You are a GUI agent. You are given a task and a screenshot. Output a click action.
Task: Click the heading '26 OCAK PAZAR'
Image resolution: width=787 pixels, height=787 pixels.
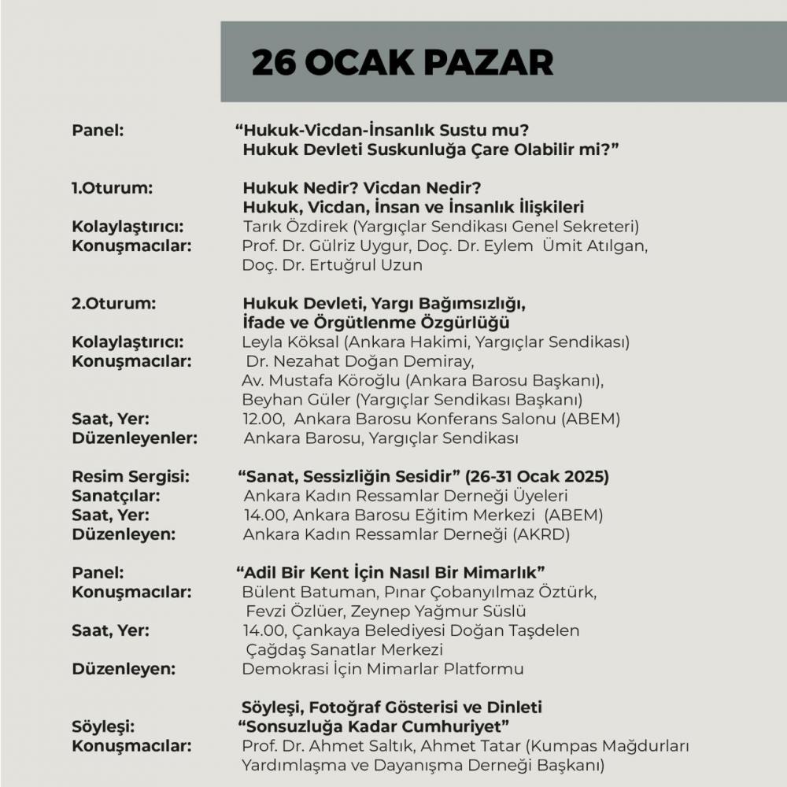coord(401,63)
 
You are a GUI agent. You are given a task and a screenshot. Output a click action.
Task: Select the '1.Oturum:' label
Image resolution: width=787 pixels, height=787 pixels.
coord(112,189)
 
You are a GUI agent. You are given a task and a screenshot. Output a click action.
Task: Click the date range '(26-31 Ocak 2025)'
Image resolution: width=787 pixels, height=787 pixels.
coord(537,477)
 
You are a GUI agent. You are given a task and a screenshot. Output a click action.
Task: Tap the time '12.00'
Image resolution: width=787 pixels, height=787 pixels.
coord(261,419)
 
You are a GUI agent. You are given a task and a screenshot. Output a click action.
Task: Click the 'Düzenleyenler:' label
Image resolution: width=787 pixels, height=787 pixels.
coord(135,438)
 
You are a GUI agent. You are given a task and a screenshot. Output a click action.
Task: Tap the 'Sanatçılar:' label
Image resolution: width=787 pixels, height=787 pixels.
coord(116,496)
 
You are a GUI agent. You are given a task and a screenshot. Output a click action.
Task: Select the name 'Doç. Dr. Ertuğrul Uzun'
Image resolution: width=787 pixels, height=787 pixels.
coord(332,265)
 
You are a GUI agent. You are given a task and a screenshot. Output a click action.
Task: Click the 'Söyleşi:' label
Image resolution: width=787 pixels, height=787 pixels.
coord(103,725)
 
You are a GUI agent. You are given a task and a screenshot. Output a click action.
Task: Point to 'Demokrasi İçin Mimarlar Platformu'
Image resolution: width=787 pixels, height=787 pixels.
coord(382,669)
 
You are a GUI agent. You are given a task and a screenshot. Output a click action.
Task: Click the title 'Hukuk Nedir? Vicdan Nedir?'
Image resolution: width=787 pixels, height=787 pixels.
coord(362,189)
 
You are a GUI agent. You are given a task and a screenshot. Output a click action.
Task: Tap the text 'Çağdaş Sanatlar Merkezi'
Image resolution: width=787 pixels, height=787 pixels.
coord(343,650)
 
